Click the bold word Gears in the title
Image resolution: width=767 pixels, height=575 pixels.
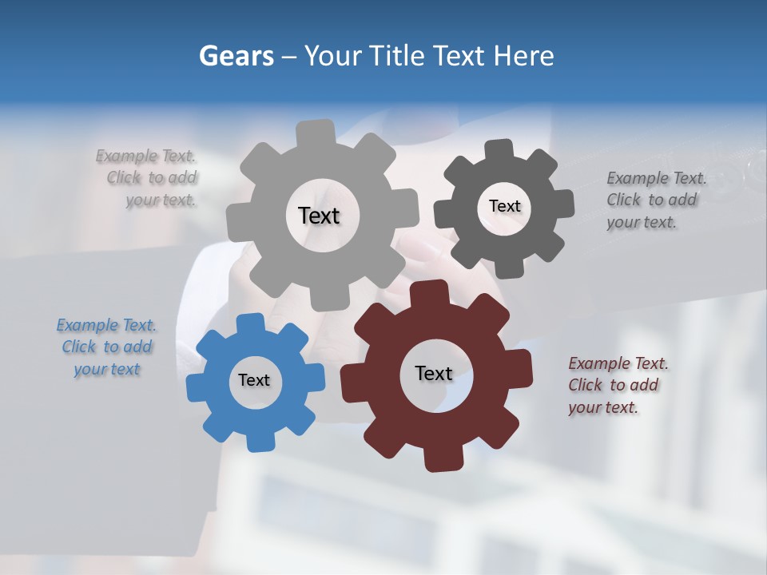pos(236,56)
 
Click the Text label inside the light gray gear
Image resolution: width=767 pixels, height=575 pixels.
pos(319,216)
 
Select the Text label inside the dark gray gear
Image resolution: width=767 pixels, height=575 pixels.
pos(504,206)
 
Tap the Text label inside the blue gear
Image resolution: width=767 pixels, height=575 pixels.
pos(254,380)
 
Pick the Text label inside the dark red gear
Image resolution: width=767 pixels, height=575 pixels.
pos(434,373)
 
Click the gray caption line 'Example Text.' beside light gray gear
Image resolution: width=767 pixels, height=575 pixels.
pos(146,156)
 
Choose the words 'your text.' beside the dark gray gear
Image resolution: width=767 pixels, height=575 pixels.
pos(642,223)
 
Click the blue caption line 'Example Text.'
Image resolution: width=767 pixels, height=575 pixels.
pos(106,325)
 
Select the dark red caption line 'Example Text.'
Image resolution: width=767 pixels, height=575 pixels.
pos(618,363)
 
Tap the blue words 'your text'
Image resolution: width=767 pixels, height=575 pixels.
pos(106,369)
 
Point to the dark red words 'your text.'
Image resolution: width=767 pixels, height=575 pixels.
pos(603,407)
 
